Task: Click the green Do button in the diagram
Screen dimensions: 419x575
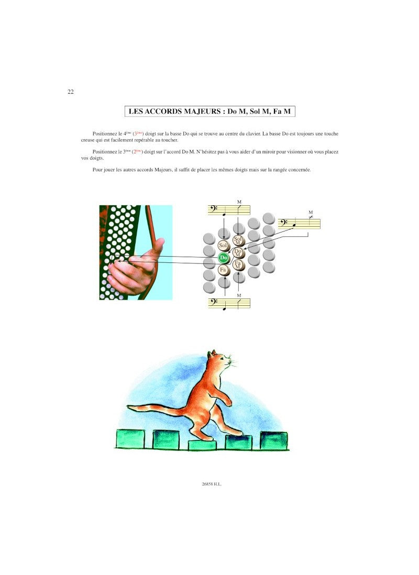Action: point(224,258)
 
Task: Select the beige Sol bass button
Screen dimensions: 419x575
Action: point(223,245)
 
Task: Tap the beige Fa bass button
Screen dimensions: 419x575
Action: point(223,270)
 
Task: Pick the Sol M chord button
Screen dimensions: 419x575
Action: point(238,240)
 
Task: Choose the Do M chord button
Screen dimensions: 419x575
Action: point(238,252)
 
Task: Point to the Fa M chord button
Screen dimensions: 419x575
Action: point(238,265)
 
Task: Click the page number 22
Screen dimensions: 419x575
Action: point(71,92)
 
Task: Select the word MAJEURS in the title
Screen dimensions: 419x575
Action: point(202,112)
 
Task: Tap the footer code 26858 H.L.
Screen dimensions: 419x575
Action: point(212,484)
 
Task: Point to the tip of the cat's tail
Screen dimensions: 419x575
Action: point(128,406)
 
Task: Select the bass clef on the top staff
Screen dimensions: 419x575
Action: point(213,209)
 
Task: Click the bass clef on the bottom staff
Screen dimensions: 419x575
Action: point(213,303)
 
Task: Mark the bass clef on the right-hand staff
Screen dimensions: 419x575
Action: point(283,223)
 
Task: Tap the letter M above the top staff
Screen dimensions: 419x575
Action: point(239,202)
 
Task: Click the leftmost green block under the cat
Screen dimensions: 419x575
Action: point(130,439)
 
